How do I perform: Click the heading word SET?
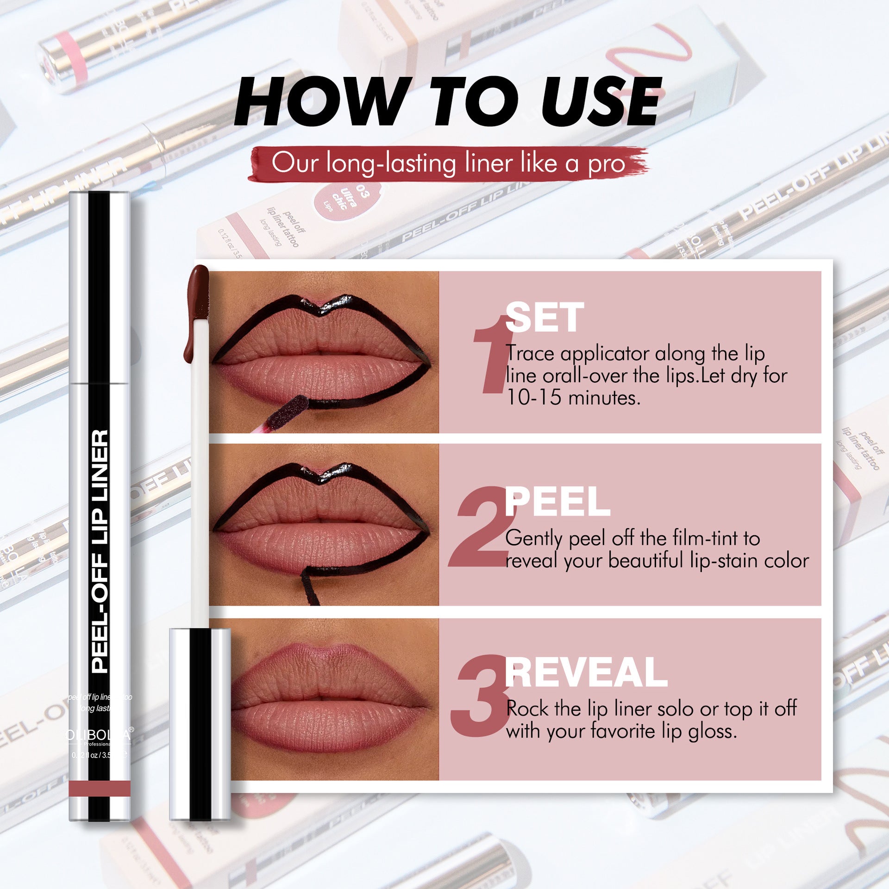(x=545, y=318)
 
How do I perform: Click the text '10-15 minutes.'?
(x=573, y=398)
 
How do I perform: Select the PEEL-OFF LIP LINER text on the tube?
(x=100, y=551)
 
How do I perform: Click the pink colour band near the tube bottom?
(x=100, y=789)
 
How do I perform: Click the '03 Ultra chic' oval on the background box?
(x=347, y=199)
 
